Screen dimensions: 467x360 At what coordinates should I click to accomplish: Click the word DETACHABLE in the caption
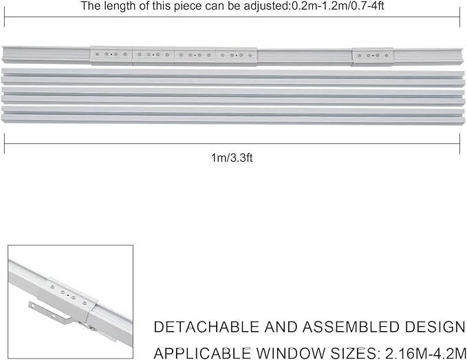(x=206, y=327)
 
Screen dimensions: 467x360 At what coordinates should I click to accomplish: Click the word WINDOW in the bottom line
(x=291, y=353)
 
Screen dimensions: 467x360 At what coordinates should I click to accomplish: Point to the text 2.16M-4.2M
(x=426, y=353)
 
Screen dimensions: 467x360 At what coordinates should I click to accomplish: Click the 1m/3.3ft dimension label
(x=232, y=158)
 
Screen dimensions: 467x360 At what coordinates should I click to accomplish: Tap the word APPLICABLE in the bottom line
(x=202, y=353)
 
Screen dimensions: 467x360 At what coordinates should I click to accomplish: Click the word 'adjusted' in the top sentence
(x=265, y=6)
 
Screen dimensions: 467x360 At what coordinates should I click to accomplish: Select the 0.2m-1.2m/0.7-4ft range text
(x=338, y=6)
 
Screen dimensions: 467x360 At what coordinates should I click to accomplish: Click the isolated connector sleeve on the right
(x=373, y=56)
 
